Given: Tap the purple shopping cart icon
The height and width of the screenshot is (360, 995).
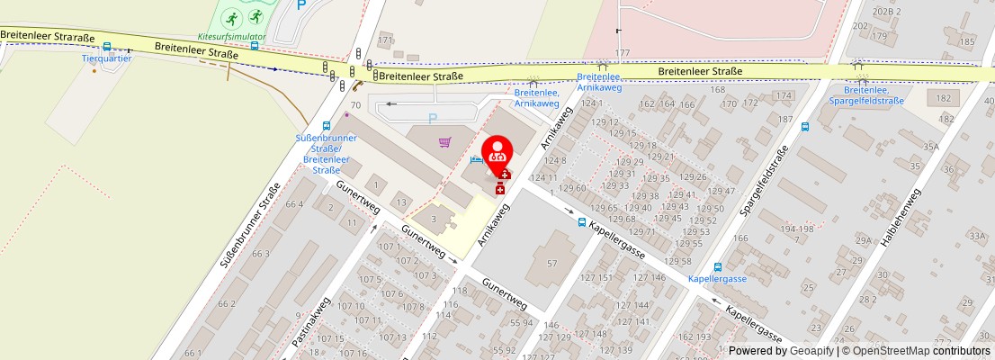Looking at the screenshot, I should coord(444,142).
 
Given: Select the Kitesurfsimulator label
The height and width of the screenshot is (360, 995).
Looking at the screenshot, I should coord(232,37).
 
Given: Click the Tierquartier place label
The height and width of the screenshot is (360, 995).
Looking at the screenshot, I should coord(107,58).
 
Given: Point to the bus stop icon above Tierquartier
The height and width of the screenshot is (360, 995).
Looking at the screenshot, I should coord(107,47).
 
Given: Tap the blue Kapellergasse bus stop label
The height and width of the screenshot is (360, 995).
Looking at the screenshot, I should coord(717,279).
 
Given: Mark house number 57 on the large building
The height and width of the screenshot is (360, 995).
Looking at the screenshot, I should coord(552,263).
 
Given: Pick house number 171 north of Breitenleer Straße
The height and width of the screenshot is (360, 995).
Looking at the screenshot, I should coord(386,40).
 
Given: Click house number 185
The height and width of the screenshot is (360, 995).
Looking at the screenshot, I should coord(967,41).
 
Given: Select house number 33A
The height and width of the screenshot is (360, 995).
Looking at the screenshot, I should coord(978,236).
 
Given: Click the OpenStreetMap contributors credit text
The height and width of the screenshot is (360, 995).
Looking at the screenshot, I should coord(921,351).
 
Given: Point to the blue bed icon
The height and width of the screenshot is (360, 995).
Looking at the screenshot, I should coord(476,159).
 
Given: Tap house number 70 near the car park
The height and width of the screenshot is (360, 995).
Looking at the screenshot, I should coord(355,105).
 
